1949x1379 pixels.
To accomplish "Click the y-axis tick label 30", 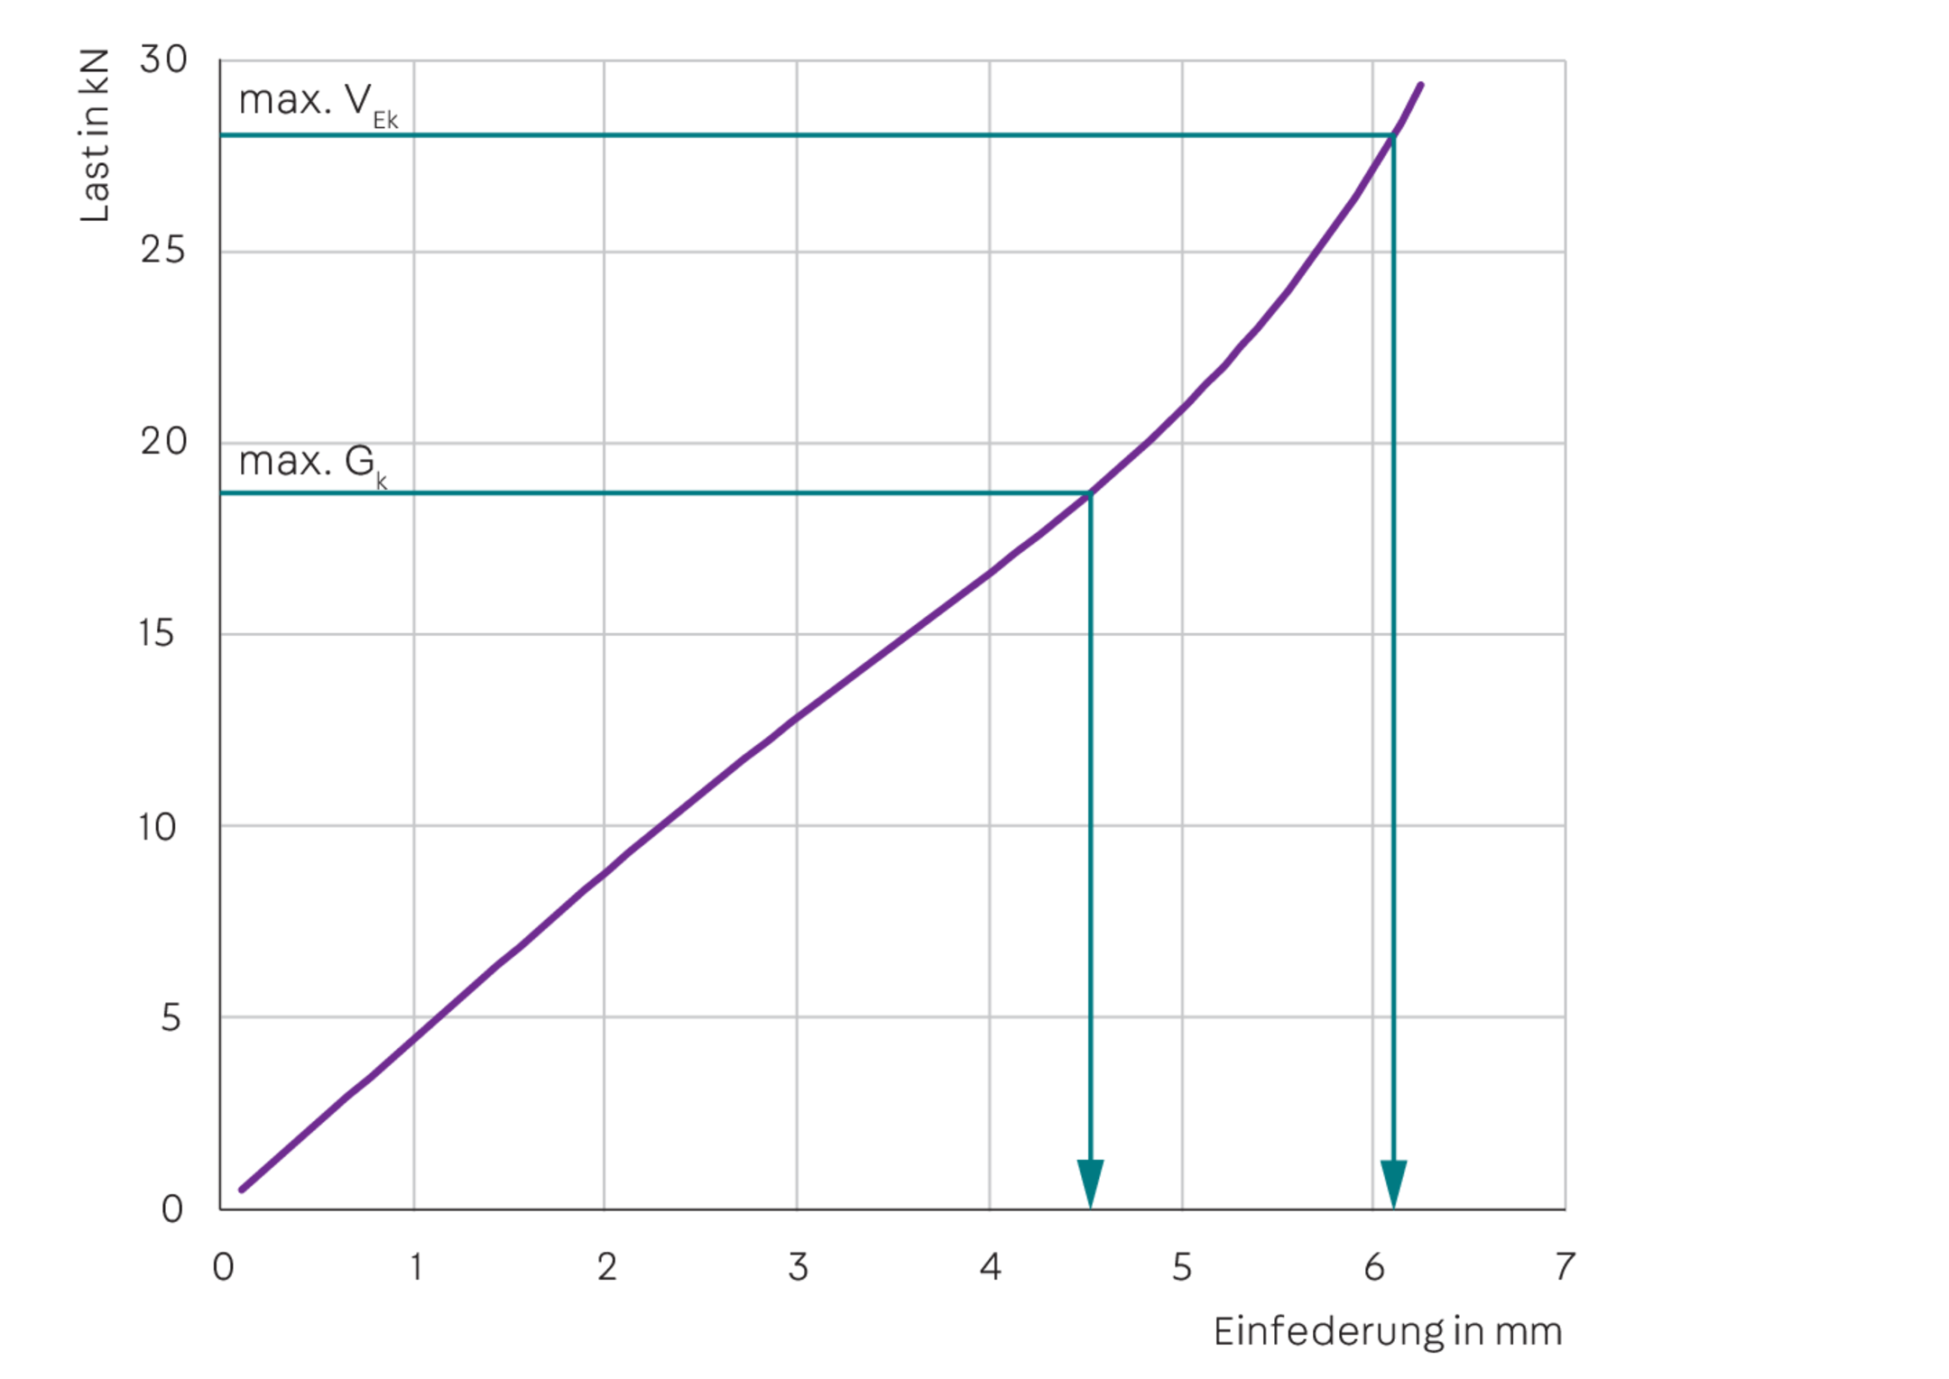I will tap(164, 60).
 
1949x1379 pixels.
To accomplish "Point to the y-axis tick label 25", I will tap(163, 250).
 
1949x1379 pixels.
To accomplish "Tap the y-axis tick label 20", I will tap(163, 442).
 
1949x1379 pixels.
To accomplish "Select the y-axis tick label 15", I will tap(158, 634).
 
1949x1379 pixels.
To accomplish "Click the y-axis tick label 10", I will tap(158, 826).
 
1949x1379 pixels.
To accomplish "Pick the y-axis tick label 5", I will tap(171, 1018).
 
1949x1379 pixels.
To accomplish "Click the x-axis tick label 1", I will tap(415, 1268).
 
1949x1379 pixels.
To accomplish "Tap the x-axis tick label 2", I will tap(607, 1268).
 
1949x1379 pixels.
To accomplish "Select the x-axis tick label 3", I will tap(799, 1268).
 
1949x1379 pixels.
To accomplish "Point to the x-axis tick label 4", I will tap(991, 1268).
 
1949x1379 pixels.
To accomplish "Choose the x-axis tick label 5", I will tap(1182, 1268).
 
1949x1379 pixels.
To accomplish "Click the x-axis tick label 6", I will tap(1374, 1268).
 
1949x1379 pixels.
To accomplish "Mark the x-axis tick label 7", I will tap(1566, 1266).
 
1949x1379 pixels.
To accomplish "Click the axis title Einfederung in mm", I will tap(1388, 1332).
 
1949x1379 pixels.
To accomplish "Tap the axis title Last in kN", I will tap(96, 135).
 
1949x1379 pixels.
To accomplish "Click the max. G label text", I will tap(312, 464).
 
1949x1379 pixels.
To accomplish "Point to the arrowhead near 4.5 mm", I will tap(1091, 1182).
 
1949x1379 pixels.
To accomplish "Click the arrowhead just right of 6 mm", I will tap(1394, 1182).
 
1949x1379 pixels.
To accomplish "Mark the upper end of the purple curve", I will tap(1422, 85).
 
